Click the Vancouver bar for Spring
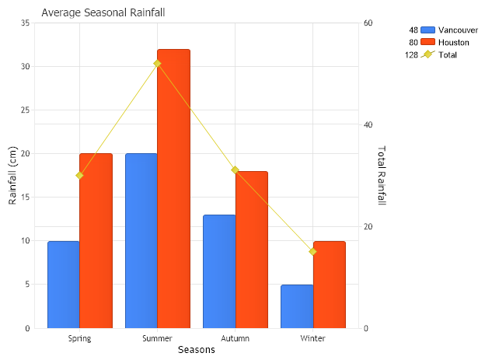point(63,285)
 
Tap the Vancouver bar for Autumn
point(219,271)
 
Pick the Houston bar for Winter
point(330,285)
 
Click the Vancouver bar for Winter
point(297,306)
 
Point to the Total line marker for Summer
point(157,63)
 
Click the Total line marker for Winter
point(313,251)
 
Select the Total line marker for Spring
point(79,175)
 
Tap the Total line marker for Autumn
point(235,170)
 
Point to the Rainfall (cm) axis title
point(12,176)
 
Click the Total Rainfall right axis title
point(381,176)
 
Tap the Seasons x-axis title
point(196,350)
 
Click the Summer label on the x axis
point(157,338)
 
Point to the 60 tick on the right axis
point(368,23)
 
